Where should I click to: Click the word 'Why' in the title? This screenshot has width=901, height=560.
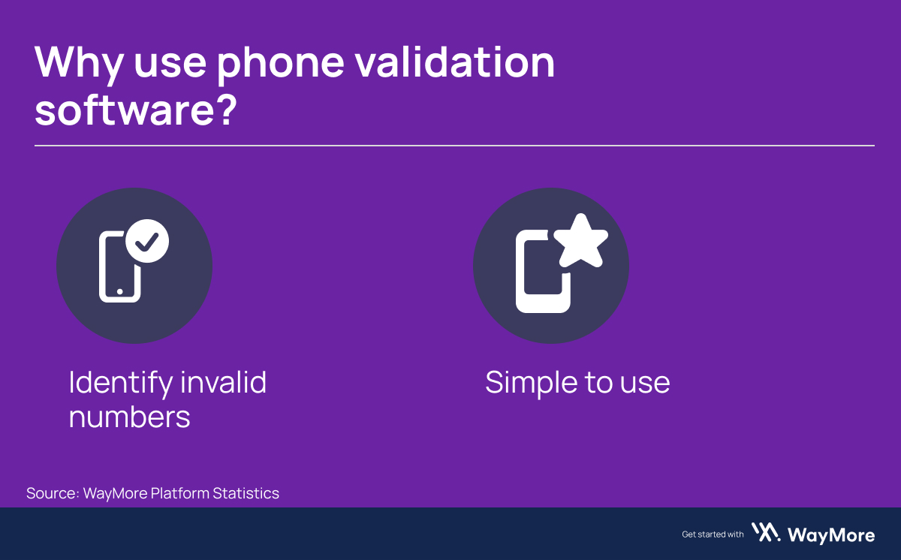pyautogui.click(x=77, y=62)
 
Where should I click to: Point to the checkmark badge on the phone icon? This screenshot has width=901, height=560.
pyautogui.click(x=147, y=241)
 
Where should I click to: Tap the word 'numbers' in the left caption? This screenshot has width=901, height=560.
pyautogui.click(x=129, y=417)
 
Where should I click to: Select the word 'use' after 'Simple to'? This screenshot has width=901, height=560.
pyautogui.click(x=645, y=384)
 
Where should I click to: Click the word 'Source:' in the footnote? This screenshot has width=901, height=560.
pyautogui.click(x=52, y=493)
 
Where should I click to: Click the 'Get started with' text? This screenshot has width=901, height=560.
pyautogui.click(x=713, y=534)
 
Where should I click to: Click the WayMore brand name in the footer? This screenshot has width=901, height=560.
pyautogui.click(x=831, y=534)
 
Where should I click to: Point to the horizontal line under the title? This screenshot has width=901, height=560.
pyautogui.click(x=454, y=145)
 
